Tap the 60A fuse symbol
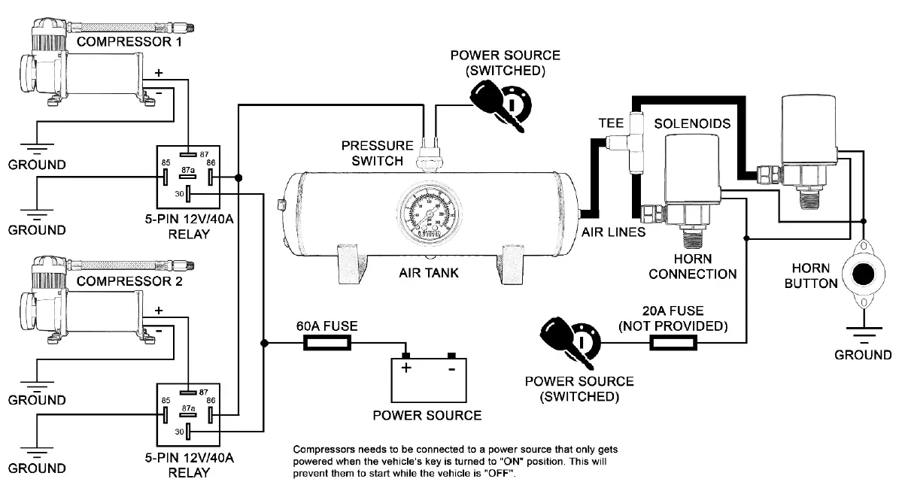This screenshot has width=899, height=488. [326, 344]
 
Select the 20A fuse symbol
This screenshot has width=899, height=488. [673, 344]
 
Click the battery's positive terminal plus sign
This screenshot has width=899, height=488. [407, 368]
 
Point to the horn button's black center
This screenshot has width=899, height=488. [863, 273]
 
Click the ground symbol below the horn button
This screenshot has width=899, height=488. [862, 332]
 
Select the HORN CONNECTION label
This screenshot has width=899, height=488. [692, 266]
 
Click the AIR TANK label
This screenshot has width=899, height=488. [428, 273]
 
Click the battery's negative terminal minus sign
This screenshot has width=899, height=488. [451, 369]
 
